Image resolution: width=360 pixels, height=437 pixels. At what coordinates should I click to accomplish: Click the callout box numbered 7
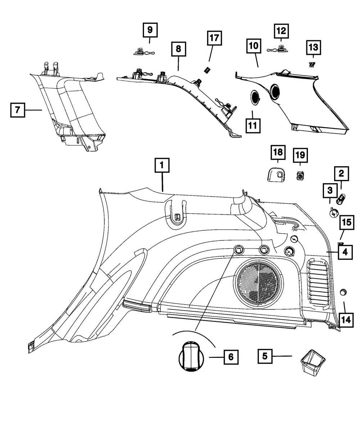click(x=17, y=110)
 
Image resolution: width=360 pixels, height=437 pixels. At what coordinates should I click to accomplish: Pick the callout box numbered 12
click(x=281, y=31)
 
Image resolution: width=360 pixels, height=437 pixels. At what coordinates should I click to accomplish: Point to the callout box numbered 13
click(x=313, y=47)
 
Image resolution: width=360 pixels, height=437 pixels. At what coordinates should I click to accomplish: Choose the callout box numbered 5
click(x=265, y=356)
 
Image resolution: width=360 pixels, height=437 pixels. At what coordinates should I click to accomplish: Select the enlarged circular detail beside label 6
click(x=192, y=356)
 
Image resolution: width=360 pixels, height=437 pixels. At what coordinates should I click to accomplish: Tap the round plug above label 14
click(x=343, y=292)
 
